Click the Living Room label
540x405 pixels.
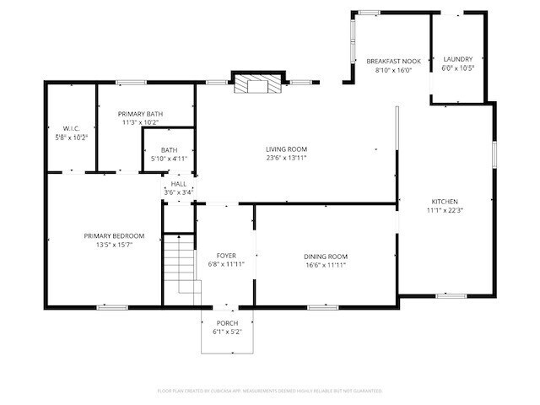(286, 149)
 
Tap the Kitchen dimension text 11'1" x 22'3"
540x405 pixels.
(445, 210)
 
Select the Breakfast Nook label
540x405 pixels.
(393, 61)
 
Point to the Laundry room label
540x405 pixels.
(458, 59)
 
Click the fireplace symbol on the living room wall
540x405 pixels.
(255, 84)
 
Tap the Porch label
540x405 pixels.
(227, 323)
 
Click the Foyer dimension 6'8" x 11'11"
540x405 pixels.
(226, 264)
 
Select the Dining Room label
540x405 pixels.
(326, 256)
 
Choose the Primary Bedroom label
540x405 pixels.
(114, 235)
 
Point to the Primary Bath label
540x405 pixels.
(141, 114)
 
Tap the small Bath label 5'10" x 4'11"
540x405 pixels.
(170, 159)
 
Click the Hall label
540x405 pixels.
(179, 183)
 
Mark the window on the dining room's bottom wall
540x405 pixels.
(322, 307)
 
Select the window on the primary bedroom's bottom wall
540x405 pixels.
(111, 307)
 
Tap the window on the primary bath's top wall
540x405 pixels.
(130, 82)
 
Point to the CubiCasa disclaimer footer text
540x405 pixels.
(269, 391)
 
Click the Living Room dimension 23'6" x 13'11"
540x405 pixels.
(286, 158)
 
